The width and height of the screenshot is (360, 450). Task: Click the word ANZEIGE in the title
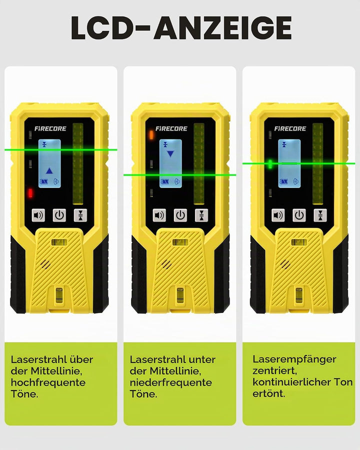coord(223,28)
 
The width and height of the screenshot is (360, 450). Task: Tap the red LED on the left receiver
coord(30,193)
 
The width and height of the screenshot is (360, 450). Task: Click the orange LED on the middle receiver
coord(151,134)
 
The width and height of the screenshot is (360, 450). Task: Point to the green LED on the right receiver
coord(270,164)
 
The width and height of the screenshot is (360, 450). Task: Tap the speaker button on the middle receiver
coord(159,215)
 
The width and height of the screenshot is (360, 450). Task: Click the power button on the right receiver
coord(299,215)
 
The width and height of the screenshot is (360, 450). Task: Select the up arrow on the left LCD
coord(49,171)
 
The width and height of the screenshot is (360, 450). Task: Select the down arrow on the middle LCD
coord(170,154)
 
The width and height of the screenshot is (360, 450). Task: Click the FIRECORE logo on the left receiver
coord(50,128)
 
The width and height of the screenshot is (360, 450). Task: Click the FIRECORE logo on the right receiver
coord(290,128)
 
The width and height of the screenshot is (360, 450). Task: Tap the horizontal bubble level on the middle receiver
coord(180,242)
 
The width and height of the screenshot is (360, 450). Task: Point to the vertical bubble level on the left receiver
coord(59,294)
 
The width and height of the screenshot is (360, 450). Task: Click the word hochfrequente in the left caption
coord(48,382)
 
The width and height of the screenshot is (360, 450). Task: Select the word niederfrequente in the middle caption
coord(171,382)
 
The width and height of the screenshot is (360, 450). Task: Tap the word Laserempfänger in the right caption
coord(294,359)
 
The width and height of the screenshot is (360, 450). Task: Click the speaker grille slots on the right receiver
coord(285,264)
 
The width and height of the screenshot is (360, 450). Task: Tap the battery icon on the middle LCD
coord(164,181)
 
